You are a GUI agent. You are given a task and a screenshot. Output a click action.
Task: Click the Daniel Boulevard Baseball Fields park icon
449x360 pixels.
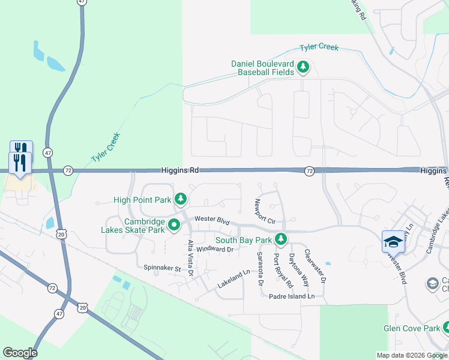click(303, 67)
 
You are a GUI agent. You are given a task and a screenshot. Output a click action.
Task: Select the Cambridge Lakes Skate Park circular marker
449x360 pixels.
click(174, 226)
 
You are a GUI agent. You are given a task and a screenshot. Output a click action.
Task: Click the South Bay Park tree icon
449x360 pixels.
click(280, 240)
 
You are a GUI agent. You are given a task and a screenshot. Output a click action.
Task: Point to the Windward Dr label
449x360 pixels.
click(214, 249)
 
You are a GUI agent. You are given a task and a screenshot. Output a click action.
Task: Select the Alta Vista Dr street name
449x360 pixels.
click(190, 258)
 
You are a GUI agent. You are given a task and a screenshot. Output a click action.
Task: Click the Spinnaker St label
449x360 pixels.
click(162, 268)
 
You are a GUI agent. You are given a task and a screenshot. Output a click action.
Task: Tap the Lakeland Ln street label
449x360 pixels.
click(234, 280)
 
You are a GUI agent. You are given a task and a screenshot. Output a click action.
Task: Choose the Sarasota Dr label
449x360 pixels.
click(261, 268)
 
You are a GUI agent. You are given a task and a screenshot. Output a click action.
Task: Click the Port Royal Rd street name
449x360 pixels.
click(283, 271)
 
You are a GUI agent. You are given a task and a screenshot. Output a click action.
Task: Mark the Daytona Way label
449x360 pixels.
click(298, 268)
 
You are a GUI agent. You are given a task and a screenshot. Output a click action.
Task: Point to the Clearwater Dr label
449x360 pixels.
click(315, 266)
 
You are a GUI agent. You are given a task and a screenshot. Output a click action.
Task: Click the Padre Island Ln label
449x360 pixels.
click(292, 296)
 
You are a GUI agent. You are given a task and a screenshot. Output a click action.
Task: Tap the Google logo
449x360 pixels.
click(20, 353)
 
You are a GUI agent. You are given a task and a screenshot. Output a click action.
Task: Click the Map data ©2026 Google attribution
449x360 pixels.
click(412, 355)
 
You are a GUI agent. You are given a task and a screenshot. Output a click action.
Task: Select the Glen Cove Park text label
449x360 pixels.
click(411, 328)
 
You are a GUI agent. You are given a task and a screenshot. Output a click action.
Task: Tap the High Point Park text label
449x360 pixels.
click(142, 200)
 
